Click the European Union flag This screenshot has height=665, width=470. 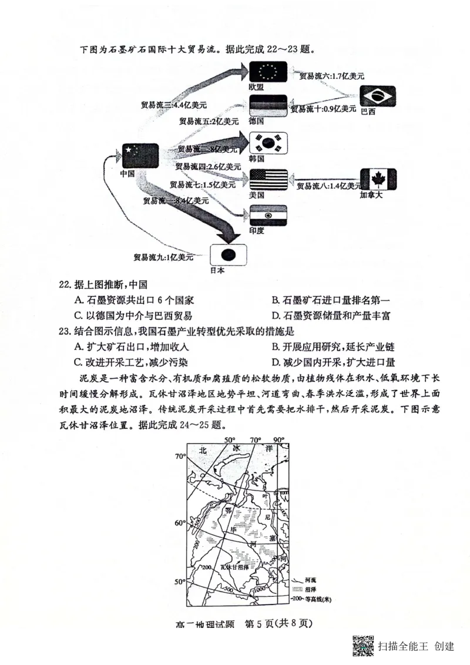click(x=268, y=71)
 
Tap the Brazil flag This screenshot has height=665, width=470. click(x=378, y=96)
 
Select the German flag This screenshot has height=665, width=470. click(x=268, y=106)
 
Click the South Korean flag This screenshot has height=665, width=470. click(x=268, y=143)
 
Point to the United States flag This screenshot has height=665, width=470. click(x=268, y=179)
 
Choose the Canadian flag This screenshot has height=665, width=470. click(x=378, y=179)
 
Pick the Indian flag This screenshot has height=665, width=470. click(x=268, y=216)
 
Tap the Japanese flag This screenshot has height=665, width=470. click(x=229, y=254)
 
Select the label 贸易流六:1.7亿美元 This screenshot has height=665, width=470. click(x=331, y=76)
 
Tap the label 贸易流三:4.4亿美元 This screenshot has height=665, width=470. click(x=173, y=105)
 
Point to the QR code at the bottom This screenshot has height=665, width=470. click(x=364, y=646)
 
